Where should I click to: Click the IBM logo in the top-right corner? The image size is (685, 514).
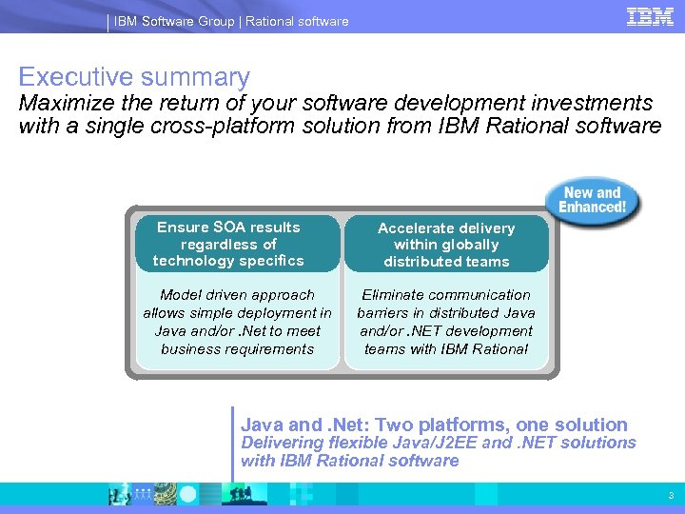(x=650, y=17)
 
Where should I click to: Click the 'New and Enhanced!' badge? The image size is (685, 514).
(x=592, y=200)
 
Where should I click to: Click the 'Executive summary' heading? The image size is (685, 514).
(x=134, y=77)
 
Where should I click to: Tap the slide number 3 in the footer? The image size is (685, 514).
(x=670, y=495)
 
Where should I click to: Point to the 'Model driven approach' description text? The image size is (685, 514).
(x=237, y=322)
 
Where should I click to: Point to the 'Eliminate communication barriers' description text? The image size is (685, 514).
(x=446, y=322)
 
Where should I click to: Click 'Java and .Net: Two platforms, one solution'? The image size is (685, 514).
(x=434, y=425)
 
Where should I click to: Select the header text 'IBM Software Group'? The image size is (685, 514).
(x=174, y=21)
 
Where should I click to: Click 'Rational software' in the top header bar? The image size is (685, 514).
(x=297, y=21)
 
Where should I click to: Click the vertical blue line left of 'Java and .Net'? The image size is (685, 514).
(x=232, y=444)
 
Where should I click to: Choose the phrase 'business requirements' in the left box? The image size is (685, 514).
(x=237, y=349)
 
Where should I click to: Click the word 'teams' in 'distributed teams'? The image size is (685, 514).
(x=487, y=262)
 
